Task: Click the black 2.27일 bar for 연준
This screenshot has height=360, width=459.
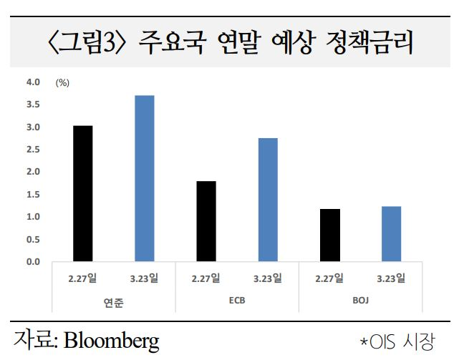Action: coord(83,193)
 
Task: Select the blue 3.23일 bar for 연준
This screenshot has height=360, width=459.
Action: coord(144,178)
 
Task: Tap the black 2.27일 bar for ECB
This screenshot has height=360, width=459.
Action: coord(206,221)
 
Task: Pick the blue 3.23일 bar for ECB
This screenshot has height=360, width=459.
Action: coord(267,200)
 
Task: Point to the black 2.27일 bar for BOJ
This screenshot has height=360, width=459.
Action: coord(329,235)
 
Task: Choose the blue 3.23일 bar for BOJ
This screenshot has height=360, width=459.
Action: coord(391,233)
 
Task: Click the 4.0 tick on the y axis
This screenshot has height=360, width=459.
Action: coord(33,82)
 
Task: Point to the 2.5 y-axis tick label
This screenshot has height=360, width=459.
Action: coord(33,150)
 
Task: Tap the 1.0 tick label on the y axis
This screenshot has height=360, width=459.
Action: coord(33,217)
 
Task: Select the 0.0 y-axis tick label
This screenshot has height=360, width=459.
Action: coord(33,261)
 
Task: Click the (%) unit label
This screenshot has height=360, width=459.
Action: coord(62,83)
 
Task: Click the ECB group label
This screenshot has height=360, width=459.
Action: coord(237,301)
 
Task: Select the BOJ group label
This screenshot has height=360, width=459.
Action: coord(360,301)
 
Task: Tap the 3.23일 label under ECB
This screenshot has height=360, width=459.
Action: coord(268,278)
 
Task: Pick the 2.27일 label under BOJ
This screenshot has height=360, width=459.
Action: coord(329,278)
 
